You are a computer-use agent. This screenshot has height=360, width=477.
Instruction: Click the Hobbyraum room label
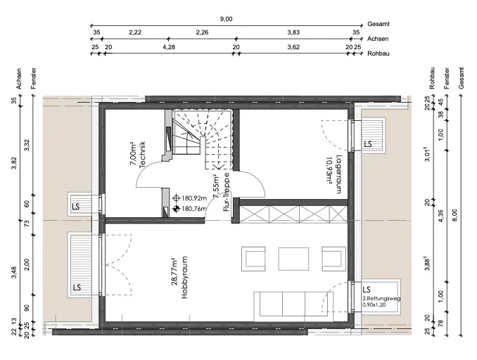coord(184,277)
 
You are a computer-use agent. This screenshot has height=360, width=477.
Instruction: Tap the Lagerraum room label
coord(338,174)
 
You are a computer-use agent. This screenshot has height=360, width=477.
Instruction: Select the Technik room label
coord(141,155)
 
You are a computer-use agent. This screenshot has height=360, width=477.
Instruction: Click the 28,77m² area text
coord(174,272)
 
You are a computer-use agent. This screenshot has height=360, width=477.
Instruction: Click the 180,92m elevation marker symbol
coord(176,198)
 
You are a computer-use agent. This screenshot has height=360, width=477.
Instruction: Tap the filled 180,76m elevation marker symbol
coord(176,209)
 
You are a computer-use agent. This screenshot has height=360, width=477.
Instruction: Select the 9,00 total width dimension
coord(226,19)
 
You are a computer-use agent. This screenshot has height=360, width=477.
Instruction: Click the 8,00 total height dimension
coord(454,216)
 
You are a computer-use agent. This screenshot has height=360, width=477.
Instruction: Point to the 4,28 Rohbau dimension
coord(169,47)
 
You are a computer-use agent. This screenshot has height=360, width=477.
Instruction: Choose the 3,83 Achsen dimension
coord(293,32)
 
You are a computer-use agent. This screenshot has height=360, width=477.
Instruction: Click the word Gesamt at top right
coord(379,24)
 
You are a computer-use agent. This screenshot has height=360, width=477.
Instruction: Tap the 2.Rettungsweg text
coord(381,298)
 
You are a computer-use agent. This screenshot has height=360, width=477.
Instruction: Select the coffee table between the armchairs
coord(293,259)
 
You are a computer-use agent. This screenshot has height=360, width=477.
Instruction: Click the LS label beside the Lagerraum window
coord(368,144)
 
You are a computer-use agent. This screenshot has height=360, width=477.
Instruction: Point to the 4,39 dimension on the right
coord(441,216)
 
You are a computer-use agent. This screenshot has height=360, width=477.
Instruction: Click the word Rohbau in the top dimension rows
coord(379,53)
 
